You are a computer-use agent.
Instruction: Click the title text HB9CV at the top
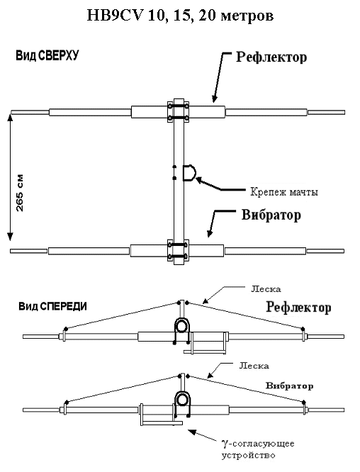115,15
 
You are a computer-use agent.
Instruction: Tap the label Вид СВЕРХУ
47,56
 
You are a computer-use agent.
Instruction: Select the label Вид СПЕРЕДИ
53,306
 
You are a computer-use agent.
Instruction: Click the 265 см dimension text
19,193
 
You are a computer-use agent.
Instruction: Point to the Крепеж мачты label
284,192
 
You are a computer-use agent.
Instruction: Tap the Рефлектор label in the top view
271,57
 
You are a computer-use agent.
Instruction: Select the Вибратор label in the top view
271,215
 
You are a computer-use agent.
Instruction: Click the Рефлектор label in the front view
298,308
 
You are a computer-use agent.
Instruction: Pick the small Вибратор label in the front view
289,386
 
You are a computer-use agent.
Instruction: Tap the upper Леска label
266,289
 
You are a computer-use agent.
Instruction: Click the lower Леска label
254,366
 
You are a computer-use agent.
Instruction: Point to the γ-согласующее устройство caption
258,449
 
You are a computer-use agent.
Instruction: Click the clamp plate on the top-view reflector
178,112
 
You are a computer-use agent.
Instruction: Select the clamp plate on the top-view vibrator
178,250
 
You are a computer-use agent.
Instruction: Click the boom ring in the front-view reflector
182,325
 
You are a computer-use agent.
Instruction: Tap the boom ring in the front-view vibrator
182,400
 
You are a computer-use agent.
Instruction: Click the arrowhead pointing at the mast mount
199,180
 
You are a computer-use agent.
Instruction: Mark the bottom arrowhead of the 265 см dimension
11,237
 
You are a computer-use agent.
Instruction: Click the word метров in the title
247,16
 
